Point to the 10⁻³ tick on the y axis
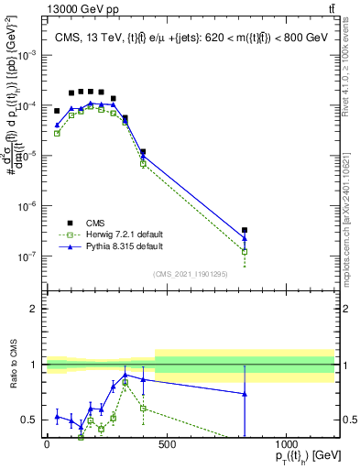point(31,55)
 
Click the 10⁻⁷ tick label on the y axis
point(31,256)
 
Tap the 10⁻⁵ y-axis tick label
point(31,156)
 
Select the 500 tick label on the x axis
point(166,446)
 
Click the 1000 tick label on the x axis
point(286,446)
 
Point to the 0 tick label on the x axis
point(47,446)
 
